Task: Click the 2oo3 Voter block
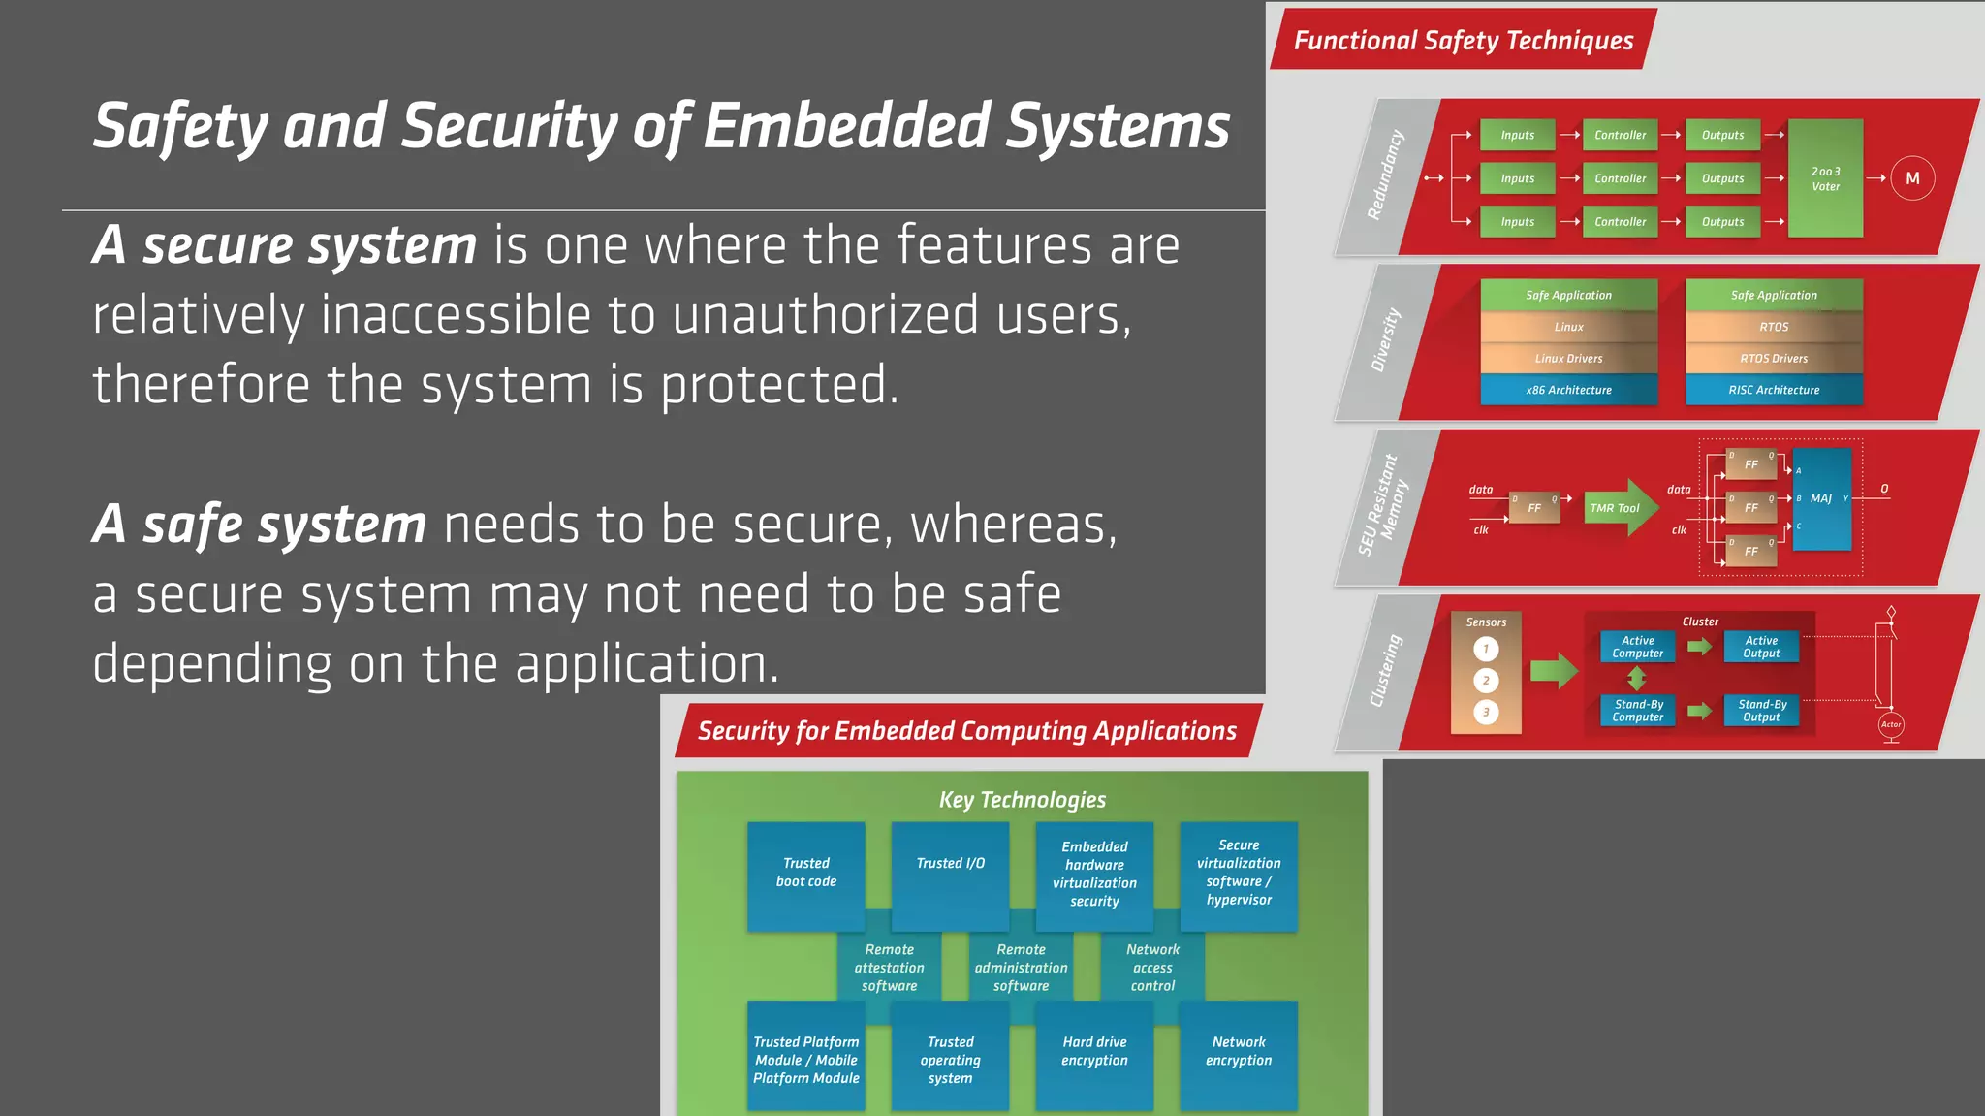pyautogui.click(x=1825, y=178)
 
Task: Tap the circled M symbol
pyautogui.click(x=1912, y=178)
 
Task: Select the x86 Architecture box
pyautogui.click(x=1568, y=390)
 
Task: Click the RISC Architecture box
pyautogui.click(x=1774, y=390)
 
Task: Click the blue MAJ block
pyautogui.click(x=1822, y=499)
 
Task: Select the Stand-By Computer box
pyautogui.click(x=1638, y=711)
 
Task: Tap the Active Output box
pyautogui.click(x=1761, y=647)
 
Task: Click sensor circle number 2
pyautogui.click(x=1486, y=681)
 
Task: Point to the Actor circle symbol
pyautogui.click(x=1890, y=724)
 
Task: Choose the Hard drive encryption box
pyautogui.click(x=1094, y=1054)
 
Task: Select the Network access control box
pyautogui.click(x=1152, y=968)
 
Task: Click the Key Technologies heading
pyautogui.click(x=1022, y=800)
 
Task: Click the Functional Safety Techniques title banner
pyautogui.click(x=1464, y=41)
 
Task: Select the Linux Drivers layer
pyautogui.click(x=1568, y=359)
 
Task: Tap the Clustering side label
pyautogui.click(x=1386, y=671)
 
